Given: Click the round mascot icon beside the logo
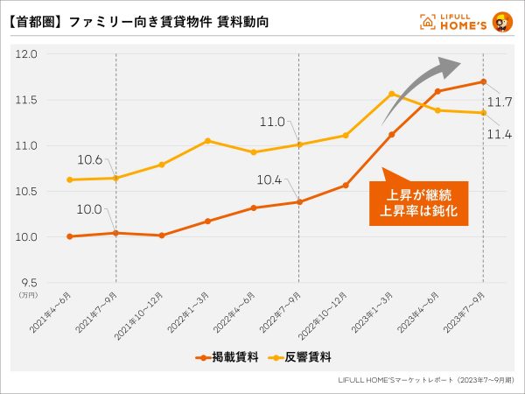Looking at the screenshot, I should click(x=503, y=21).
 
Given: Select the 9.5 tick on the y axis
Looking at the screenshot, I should click(x=28, y=283).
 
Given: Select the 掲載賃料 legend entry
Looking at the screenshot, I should click(x=221, y=356).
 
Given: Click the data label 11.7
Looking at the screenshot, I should click(x=500, y=102).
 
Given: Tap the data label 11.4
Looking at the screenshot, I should click(x=500, y=133).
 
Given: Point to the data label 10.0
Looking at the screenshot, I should click(x=90, y=208).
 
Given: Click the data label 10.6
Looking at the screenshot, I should click(x=90, y=158).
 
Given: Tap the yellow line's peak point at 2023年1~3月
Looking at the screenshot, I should click(x=391, y=94).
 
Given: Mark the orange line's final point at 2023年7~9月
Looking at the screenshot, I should click(x=483, y=82).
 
